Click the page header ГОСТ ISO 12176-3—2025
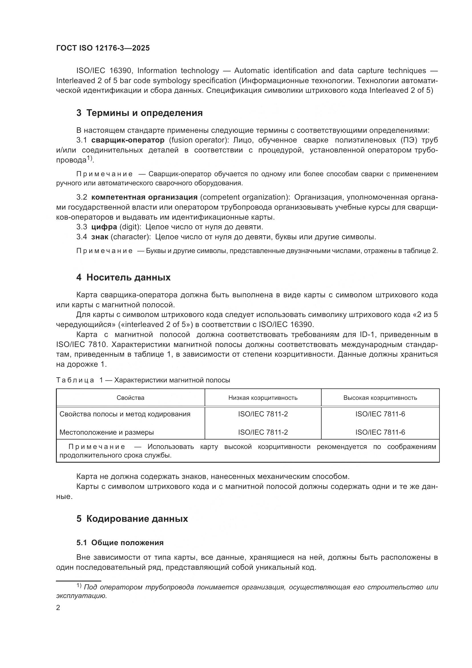[x=103, y=48]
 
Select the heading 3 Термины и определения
[x=139, y=113]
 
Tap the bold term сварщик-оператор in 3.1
[x=128, y=140]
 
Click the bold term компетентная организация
[x=144, y=197]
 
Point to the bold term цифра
[x=104, y=227]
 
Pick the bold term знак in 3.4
[x=100, y=237]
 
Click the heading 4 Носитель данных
[x=123, y=277]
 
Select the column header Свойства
[x=130, y=398]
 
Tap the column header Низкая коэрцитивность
[x=263, y=398]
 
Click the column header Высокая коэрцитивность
[x=380, y=398]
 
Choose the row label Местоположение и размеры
[x=106, y=432]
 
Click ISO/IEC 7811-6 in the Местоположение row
[x=380, y=432]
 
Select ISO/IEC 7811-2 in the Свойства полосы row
[x=263, y=414]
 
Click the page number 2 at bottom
[x=58, y=608]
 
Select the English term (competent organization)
[x=245, y=197]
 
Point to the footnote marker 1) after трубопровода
[x=90, y=159]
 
